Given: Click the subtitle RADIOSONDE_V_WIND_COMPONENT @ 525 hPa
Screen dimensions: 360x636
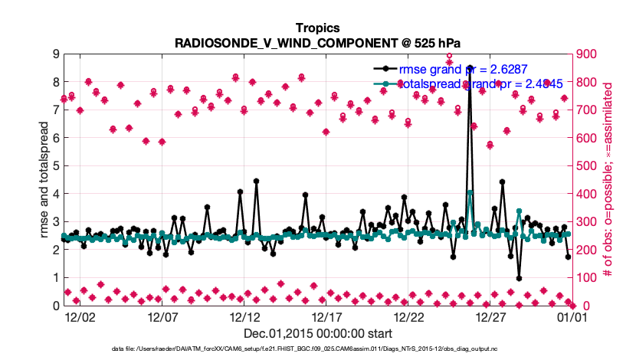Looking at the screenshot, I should pos(318,43).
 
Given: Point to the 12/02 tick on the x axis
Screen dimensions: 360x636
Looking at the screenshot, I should pos(80,316).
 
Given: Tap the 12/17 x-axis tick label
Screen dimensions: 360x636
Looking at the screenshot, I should pos(327,316).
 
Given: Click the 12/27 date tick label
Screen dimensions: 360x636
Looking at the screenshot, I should pos(491,316).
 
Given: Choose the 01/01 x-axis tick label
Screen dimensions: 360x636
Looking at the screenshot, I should pos(572,316).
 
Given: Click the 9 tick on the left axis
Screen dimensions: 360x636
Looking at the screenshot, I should pos(56,54).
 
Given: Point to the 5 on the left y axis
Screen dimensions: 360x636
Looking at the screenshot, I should pos(56,165).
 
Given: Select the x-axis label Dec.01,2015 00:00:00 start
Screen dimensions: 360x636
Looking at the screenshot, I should pos(318,333).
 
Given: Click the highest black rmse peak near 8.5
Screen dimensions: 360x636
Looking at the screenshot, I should pos(470,68).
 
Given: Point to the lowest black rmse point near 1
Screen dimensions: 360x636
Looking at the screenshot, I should pos(519,278).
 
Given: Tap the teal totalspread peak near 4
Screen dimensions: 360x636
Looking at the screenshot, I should pos(470,193).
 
